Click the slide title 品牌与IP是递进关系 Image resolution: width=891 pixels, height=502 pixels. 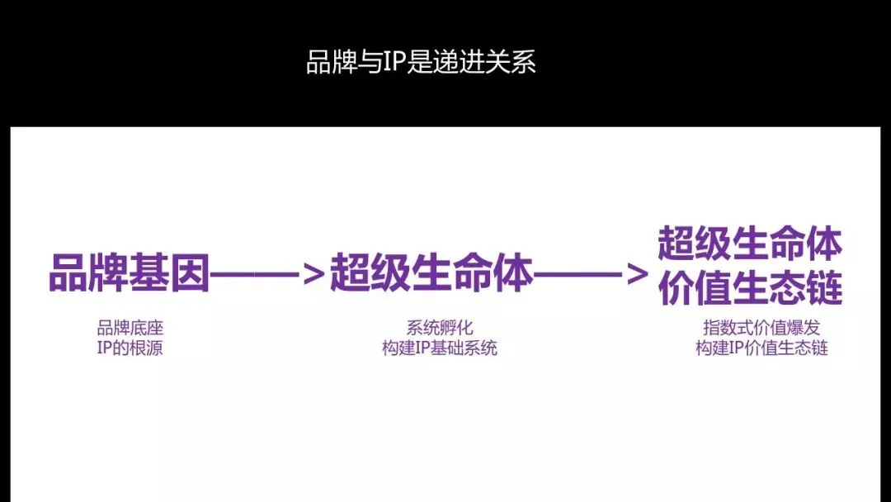click(421, 63)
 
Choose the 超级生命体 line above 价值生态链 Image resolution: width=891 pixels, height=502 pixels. click(749, 244)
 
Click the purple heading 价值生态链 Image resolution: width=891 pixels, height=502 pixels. click(749, 288)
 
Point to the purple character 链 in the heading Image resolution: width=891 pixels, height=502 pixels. click(823, 288)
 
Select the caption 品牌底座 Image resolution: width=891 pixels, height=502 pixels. click(130, 328)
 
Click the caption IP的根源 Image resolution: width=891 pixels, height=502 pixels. click(130, 348)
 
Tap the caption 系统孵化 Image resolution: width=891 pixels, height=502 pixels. click(440, 328)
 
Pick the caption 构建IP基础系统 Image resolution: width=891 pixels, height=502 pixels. click(440, 348)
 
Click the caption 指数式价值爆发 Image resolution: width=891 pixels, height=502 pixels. click(761, 328)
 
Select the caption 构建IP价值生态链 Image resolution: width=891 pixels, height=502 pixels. click(761, 348)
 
